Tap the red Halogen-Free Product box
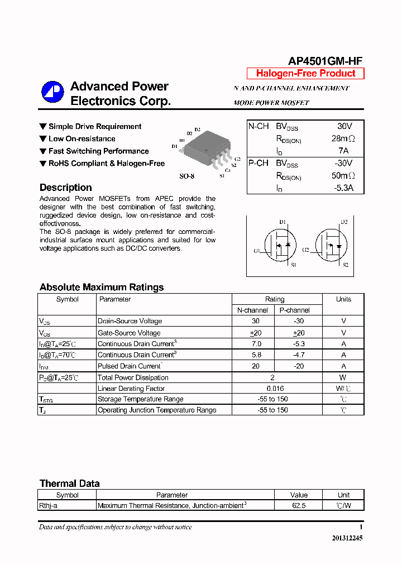[x=305, y=74]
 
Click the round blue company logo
[x=52, y=93]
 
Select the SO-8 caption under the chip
[x=186, y=176]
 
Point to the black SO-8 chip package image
[x=206, y=148]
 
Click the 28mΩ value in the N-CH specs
[x=343, y=138]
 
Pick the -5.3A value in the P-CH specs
[x=343, y=188]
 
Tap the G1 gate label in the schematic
[x=257, y=251]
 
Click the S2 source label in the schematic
[x=346, y=265]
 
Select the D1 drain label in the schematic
[x=283, y=222]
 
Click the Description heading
[x=66, y=188]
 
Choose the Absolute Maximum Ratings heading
[x=102, y=287]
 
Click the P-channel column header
[x=294, y=310]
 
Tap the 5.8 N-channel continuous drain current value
[x=255, y=355]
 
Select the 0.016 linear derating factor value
[x=275, y=388]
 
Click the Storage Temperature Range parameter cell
[x=140, y=399]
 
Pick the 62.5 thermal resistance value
[x=299, y=506]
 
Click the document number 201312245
[x=347, y=538]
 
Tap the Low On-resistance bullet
[x=82, y=138]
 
